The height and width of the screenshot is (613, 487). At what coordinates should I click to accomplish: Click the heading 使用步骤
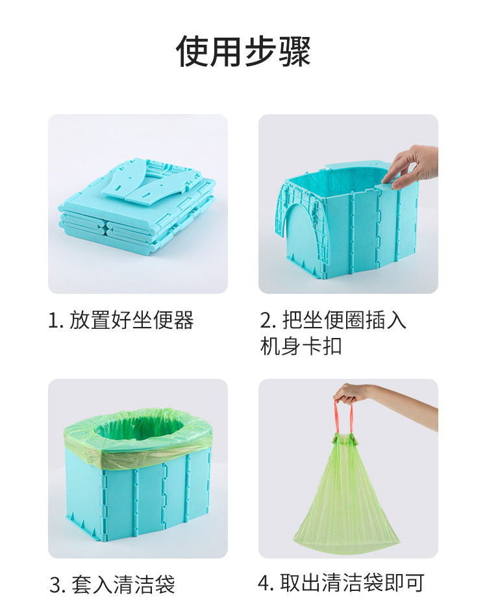(x=243, y=51)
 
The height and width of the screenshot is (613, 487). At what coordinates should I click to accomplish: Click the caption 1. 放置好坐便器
(x=121, y=320)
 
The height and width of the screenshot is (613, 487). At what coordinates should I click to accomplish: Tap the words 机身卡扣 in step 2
(x=301, y=346)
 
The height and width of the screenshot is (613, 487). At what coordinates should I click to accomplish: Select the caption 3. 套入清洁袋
(x=112, y=584)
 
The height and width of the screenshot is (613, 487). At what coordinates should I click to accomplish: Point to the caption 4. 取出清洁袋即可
(x=341, y=583)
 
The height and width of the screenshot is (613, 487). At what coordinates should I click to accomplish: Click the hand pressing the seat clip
(x=411, y=166)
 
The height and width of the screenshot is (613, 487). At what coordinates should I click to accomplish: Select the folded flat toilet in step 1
(x=137, y=206)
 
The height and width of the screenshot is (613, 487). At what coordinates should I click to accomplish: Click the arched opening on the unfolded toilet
(x=301, y=235)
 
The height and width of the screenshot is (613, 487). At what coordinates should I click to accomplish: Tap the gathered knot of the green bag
(x=345, y=439)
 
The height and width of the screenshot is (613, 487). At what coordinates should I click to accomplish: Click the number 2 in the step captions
(x=266, y=320)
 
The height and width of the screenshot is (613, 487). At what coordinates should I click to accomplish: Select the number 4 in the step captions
(x=264, y=583)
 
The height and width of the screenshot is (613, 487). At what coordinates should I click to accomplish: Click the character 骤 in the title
(x=295, y=51)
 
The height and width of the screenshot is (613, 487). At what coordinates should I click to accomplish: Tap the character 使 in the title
(x=192, y=51)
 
